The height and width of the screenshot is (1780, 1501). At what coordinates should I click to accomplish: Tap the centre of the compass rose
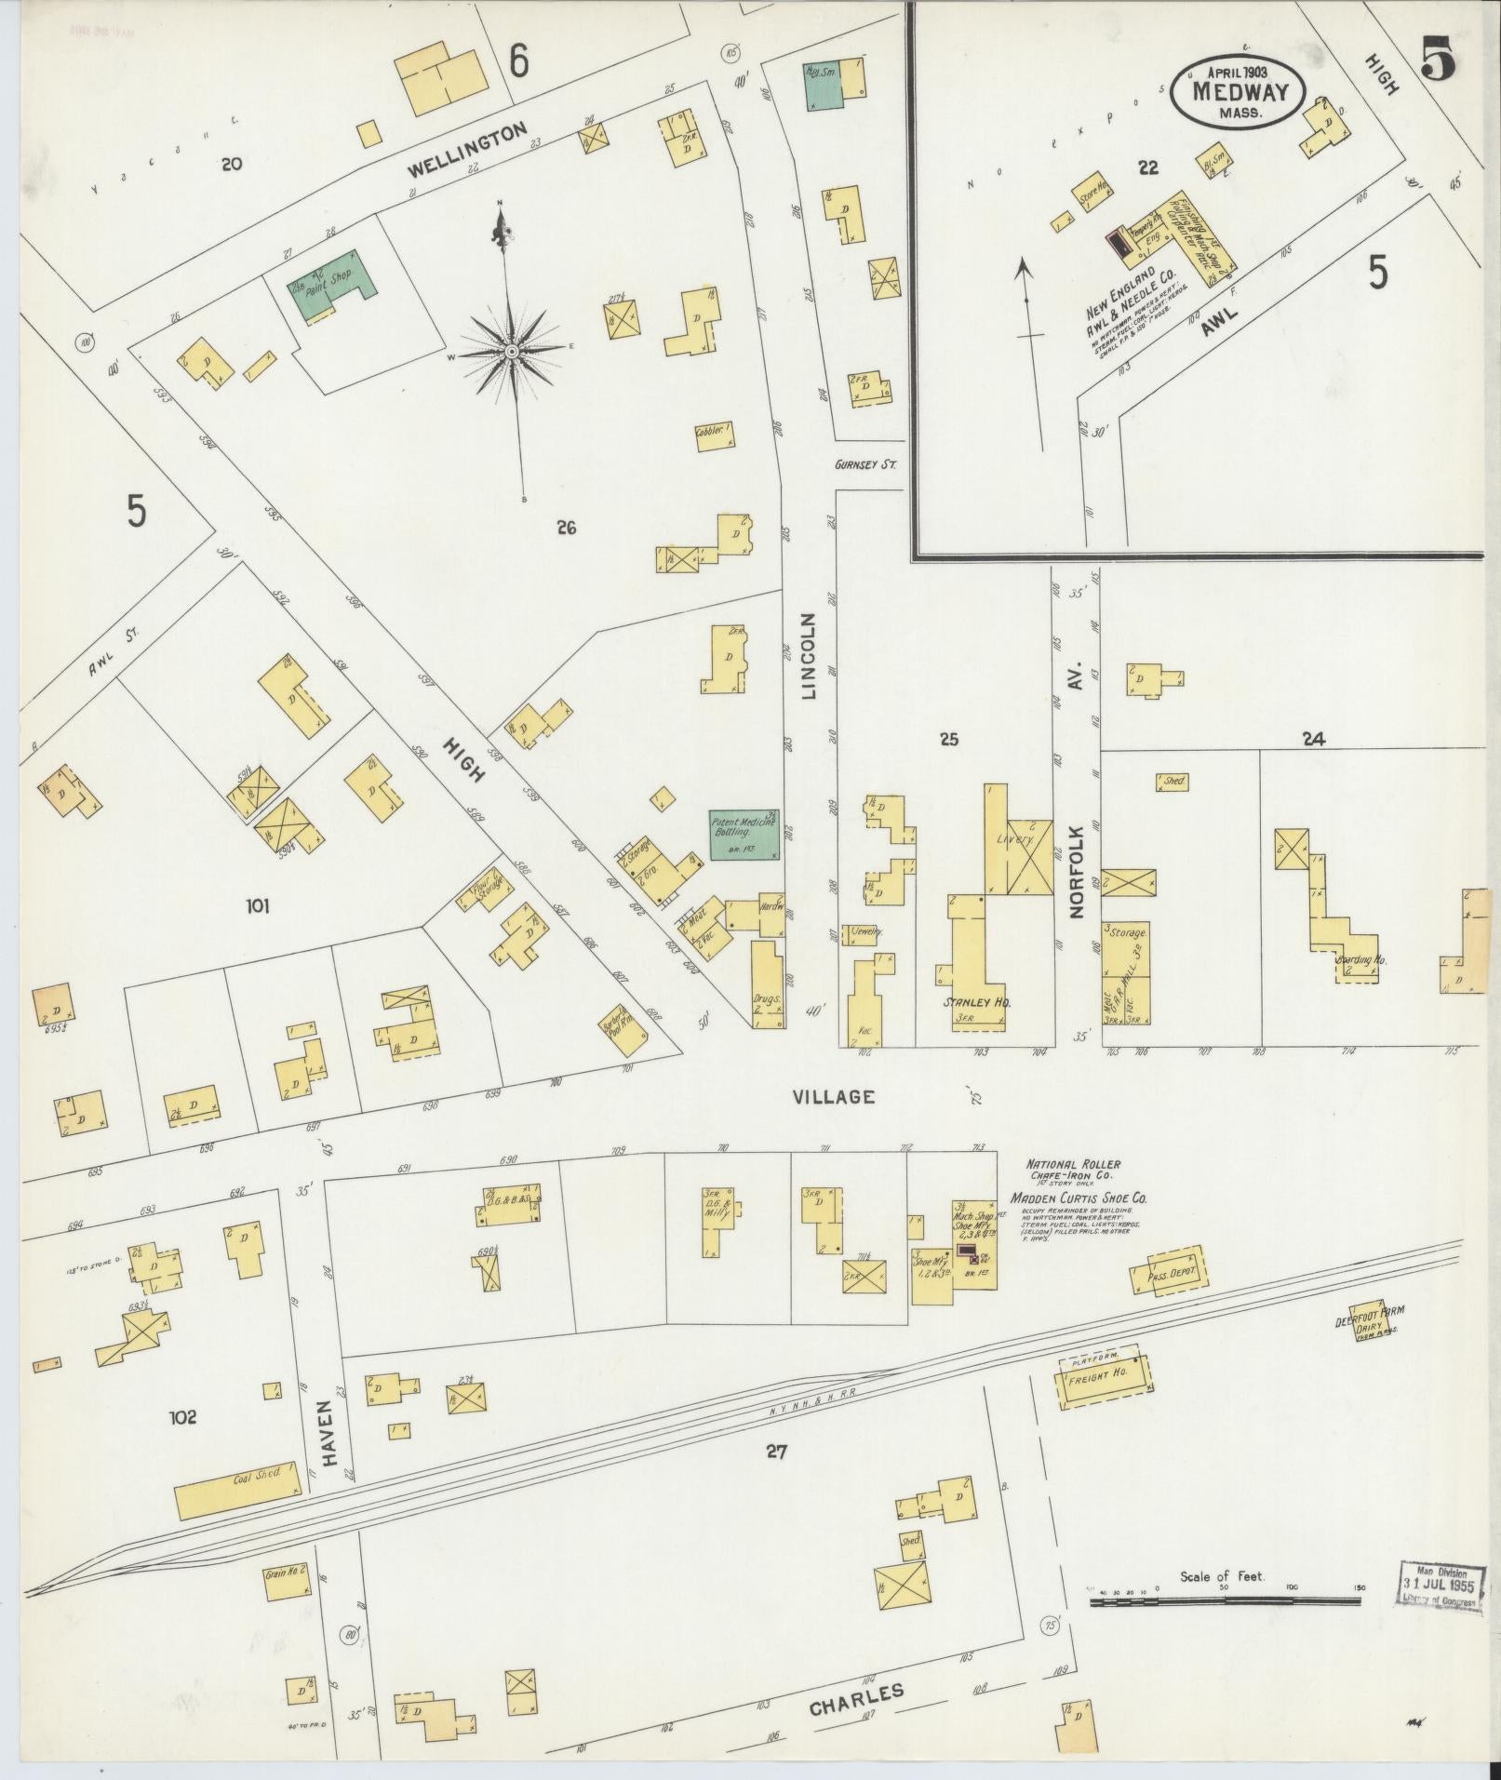511,352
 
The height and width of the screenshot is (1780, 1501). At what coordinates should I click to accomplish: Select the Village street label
833,1097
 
